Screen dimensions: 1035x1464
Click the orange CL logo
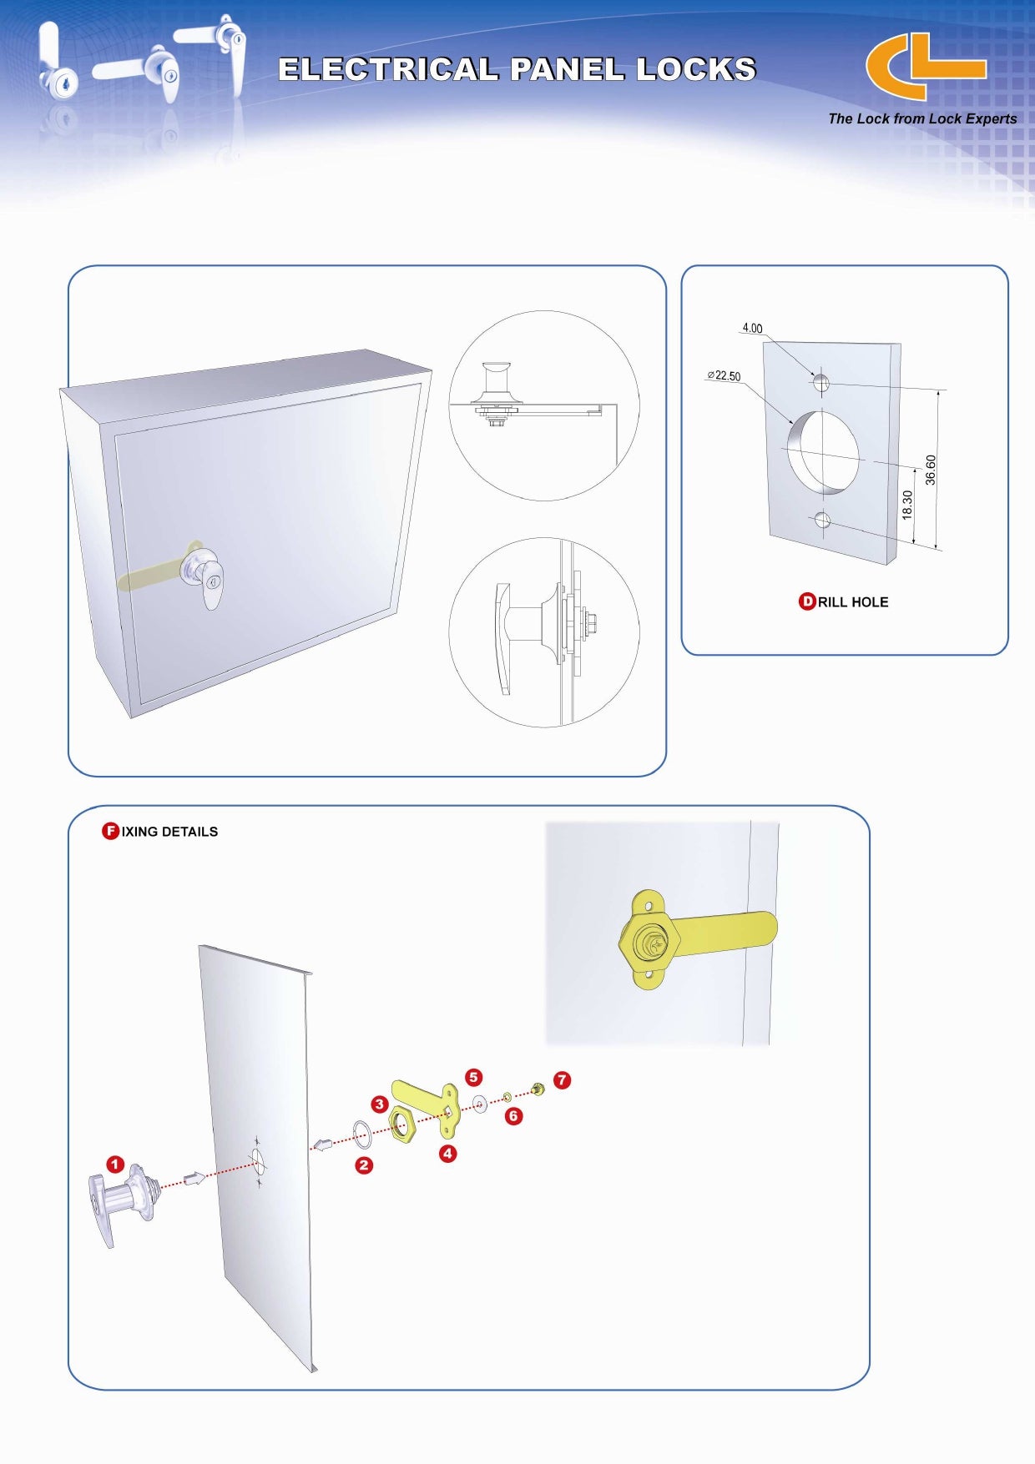click(x=925, y=67)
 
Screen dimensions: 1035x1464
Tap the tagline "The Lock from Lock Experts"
click(x=922, y=118)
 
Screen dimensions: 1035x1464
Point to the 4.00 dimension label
click(x=752, y=328)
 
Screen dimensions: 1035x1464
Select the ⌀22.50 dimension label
click(x=724, y=376)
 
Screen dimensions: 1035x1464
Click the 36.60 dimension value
click(x=931, y=470)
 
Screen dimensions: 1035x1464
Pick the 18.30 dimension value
click(x=907, y=505)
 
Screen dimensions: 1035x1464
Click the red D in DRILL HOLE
click(x=807, y=601)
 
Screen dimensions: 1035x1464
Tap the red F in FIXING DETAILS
click(x=110, y=831)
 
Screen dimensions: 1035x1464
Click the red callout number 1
click(x=115, y=1165)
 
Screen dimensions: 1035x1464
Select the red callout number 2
click(x=364, y=1165)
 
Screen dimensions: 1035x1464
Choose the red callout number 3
click(x=380, y=1104)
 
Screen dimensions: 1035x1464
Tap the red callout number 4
click(x=448, y=1154)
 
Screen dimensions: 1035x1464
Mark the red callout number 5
click(x=474, y=1077)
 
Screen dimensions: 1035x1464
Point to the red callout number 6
click(x=513, y=1116)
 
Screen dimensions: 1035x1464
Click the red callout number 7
click(x=563, y=1080)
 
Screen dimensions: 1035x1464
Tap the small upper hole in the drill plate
click(x=822, y=383)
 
